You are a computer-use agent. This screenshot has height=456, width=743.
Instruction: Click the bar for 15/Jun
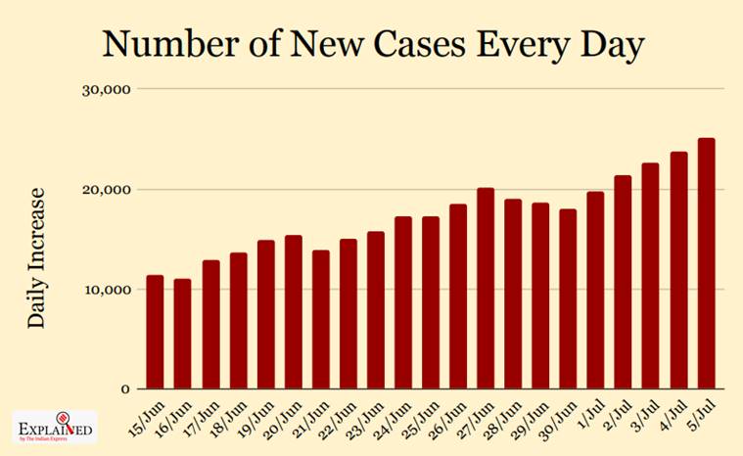point(155,333)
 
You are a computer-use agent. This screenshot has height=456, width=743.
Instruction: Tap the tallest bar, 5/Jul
point(705,264)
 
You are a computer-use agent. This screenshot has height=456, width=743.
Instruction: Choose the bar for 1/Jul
point(595,291)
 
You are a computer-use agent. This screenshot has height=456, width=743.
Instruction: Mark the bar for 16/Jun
point(182,335)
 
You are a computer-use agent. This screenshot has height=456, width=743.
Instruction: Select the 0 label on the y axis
point(125,389)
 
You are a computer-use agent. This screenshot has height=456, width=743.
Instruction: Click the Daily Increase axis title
point(36,256)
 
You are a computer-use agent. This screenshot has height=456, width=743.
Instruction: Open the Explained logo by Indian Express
point(55,430)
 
